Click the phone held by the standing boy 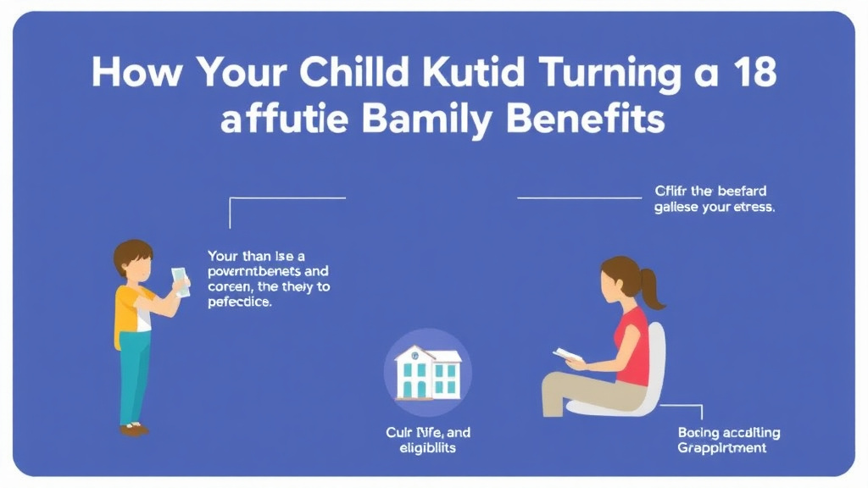click(180, 281)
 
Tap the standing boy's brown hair click(133, 253)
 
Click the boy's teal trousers click(133, 373)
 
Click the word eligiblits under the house click(428, 448)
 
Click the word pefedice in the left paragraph click(240, 302)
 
